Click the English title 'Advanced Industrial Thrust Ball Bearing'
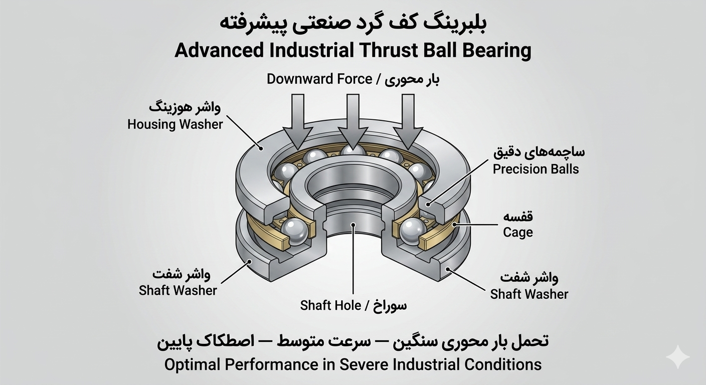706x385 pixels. coord(353,51)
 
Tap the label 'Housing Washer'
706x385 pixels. coord(175,124)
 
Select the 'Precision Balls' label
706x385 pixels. coord(536,169)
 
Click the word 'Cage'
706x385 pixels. coord(518,233)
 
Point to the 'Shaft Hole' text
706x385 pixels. coord(330,305)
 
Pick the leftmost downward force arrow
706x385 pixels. coord(298,121)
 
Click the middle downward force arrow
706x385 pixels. coord(353,121)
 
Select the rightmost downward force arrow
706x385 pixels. coord(408,121)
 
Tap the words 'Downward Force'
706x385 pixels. coord(319,79)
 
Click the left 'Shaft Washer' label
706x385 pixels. coord(178,290)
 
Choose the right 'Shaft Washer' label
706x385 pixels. coord(529,294)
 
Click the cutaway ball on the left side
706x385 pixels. coord(294,232)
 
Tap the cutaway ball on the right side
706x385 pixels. coord(413,232)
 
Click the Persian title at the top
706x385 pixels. coord(353,24)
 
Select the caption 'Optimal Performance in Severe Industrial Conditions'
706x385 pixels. coord(353,365)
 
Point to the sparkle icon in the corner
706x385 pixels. coord(678,357)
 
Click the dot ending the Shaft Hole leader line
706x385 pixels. coord(354,225)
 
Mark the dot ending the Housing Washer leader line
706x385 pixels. coord(261,148)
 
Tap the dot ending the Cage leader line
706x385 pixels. coord(454,225)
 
